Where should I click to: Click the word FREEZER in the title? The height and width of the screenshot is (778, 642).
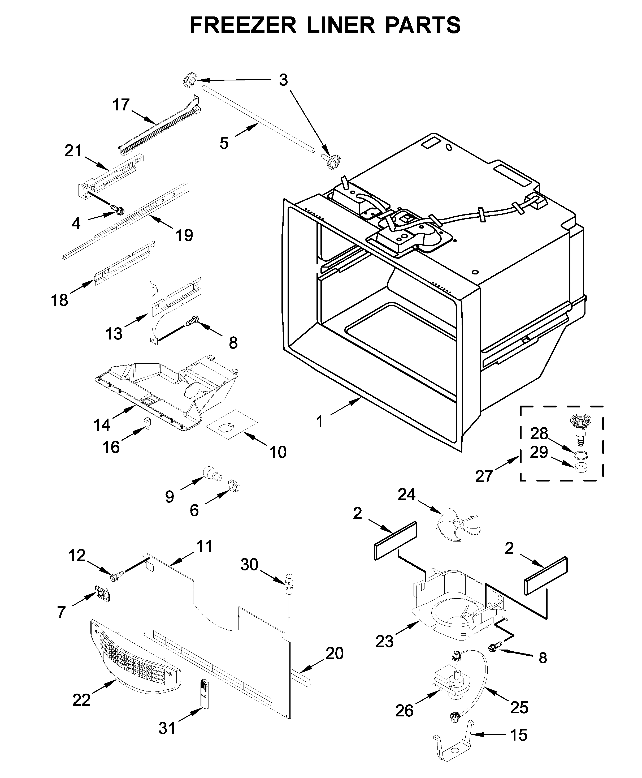pyautogui.click(x=243, y=25)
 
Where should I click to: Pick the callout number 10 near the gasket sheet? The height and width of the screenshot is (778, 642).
pyautogui.click(x=278, y=452)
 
